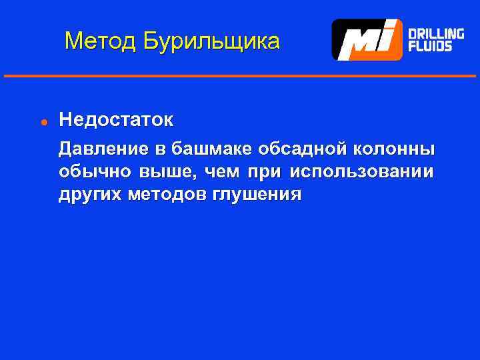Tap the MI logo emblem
[367, 40]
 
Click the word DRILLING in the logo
[436, 33]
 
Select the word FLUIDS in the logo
[430, 47]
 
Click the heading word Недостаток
[115, 120]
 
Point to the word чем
[222, 171]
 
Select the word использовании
[361, 171]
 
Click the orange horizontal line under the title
[240, 76]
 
